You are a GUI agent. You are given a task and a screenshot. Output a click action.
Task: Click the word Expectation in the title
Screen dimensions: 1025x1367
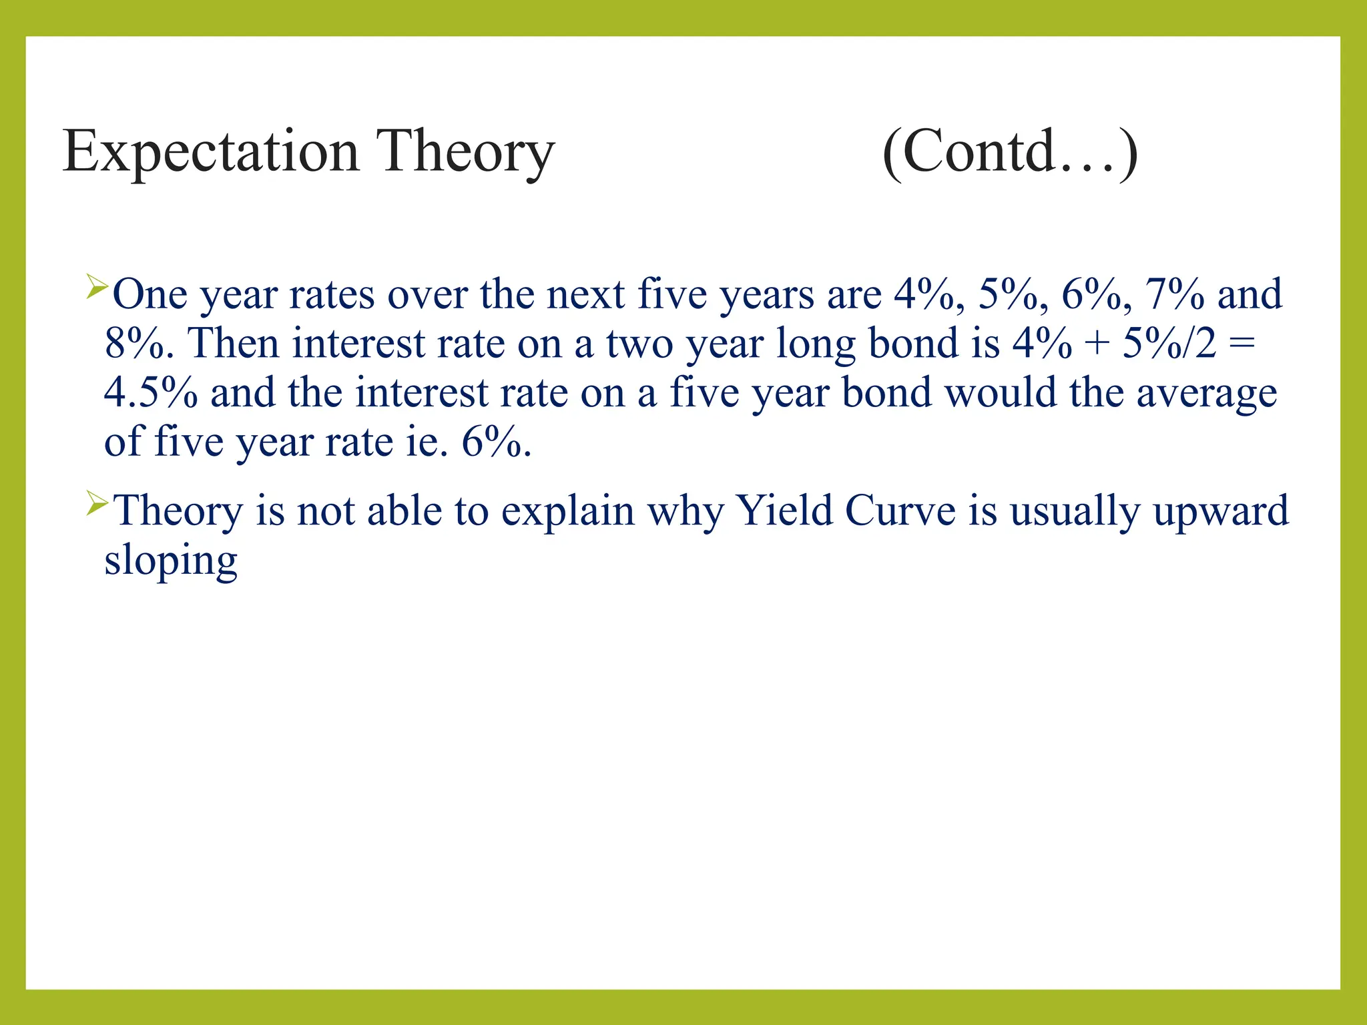tap(211, 152)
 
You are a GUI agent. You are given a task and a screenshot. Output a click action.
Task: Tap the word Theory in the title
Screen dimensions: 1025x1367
tap(465, 152)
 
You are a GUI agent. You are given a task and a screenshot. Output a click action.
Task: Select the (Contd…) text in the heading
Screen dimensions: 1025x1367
tap(1009, 152)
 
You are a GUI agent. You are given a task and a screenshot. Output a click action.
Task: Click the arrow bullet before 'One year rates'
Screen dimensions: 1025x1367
tap(97, 288)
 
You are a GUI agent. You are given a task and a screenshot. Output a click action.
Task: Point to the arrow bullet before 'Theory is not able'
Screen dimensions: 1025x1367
tap(97, 504)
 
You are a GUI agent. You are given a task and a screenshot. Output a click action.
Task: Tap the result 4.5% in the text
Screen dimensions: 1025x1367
tap(151, 392)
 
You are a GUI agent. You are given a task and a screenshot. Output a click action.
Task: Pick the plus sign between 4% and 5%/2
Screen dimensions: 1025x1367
tap(1097, 344)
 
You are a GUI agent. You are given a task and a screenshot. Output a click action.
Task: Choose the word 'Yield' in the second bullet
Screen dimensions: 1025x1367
tap(784, 511)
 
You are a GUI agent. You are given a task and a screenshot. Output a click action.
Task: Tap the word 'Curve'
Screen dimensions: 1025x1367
tap(900, 511)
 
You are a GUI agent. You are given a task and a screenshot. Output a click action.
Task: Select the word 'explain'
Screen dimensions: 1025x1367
tap(567, 512)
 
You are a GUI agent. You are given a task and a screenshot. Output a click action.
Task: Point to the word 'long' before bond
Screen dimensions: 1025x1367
tap(816, 344)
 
